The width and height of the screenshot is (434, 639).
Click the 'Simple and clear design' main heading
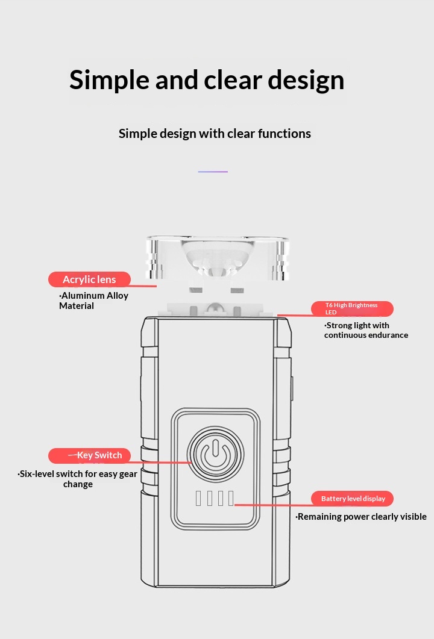[x=207, y=79]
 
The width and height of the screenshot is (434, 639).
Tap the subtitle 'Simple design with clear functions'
[x=215, y=133]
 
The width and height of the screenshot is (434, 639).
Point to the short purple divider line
[x=213, y=172]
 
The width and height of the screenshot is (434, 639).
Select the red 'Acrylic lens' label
[x=89, y=279]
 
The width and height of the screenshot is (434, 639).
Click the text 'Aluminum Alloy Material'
[x=93, y=301]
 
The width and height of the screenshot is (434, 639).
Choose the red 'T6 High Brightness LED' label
[x=352, y=309]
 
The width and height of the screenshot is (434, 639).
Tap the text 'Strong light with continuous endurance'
[x=366, y=330]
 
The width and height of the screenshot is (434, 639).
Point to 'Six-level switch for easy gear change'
[x=78, y=479]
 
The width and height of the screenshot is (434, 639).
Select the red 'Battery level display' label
[x=353, y=499]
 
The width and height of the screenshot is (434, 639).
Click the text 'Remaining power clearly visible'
[x=362, y=517]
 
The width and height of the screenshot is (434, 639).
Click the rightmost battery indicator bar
[x=230, y=499]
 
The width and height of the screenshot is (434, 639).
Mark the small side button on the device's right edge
[x=291, y=390]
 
